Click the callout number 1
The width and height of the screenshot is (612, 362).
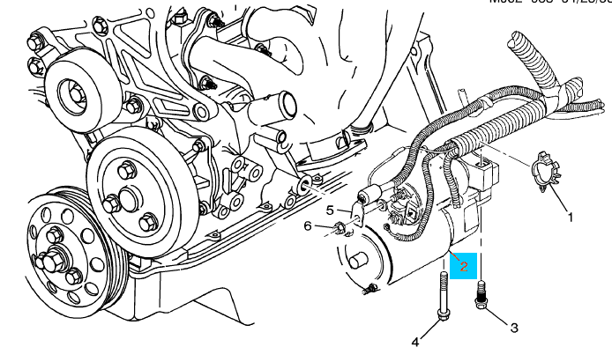[569, 216]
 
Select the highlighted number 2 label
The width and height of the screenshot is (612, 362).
[463, 262]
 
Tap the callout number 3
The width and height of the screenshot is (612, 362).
[513, 327]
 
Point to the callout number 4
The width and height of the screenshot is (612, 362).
[414, 341]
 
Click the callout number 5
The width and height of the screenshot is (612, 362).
[330, 211]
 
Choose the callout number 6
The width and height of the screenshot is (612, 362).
[309, 226]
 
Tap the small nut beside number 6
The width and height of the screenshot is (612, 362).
[339, 230]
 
